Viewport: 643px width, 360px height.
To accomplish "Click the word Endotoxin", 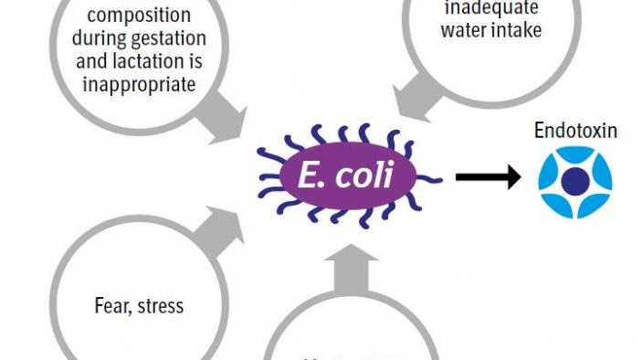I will tap(575, 131).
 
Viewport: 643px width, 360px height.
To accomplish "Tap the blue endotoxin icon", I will tap(574, 179).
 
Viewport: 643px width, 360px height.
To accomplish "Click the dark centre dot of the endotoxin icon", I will tap(574, 180).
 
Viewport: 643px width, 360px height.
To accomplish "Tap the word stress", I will tap(161, 305).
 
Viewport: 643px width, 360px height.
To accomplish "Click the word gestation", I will tap(179, 40).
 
